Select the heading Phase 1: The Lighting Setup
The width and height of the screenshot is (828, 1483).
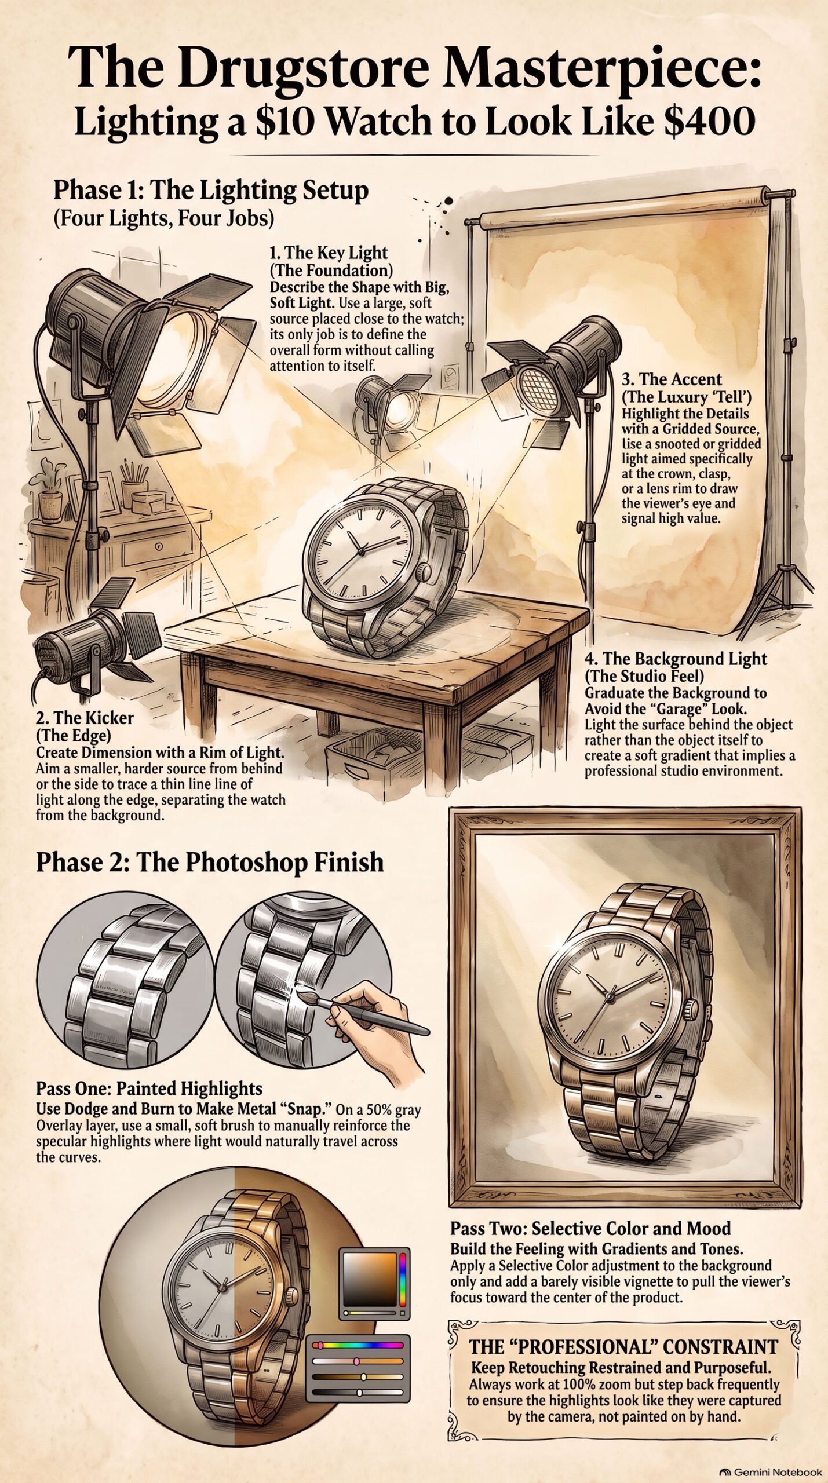[210, 191]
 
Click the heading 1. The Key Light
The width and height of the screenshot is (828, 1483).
[329, 253]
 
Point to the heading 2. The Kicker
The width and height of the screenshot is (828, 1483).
[85, 718]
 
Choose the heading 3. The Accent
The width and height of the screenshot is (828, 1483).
[672, 379]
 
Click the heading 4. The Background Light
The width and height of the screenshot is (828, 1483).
[676, 659]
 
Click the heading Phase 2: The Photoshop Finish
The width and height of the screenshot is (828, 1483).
[210, 861]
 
